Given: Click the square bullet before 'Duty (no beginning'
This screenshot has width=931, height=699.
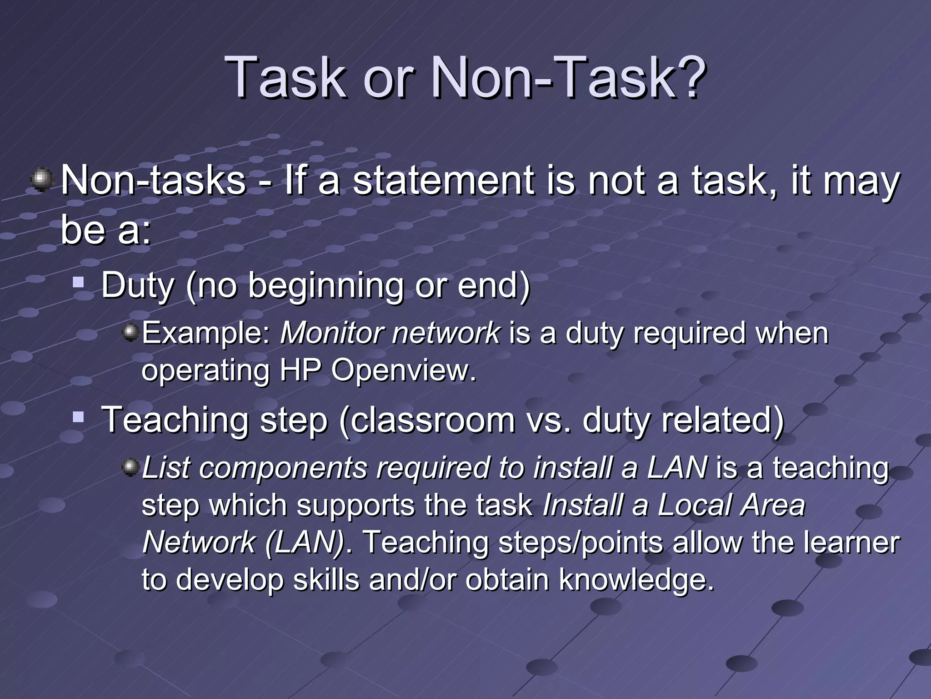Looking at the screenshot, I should pos(79,283).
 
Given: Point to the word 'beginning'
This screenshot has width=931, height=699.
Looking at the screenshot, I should pos(325,285).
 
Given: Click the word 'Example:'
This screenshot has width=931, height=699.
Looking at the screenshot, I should pos(206,333).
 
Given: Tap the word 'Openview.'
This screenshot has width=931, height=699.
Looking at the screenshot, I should pos(404,370).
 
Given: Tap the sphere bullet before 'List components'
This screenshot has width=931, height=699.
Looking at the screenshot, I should pos(131,467).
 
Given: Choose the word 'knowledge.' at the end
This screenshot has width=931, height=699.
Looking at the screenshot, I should pos(636,580).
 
